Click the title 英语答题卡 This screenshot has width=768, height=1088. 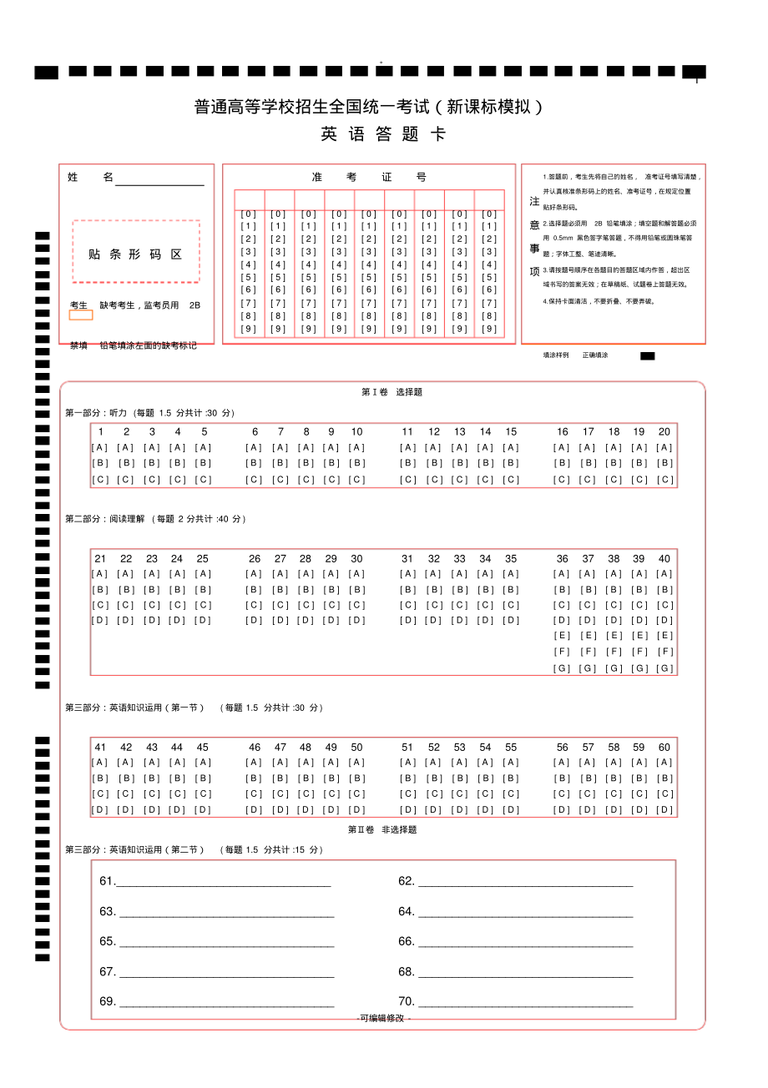383,134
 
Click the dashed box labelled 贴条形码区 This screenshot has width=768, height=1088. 136,252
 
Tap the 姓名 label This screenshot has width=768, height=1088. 90,178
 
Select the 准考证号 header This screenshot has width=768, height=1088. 368,178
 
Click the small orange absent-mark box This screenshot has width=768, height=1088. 81,315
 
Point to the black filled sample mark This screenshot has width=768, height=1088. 647,355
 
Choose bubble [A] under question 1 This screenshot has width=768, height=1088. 100,447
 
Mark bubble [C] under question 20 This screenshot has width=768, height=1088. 664,480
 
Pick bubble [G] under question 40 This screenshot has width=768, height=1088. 664,668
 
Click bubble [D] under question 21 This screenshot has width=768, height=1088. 100,620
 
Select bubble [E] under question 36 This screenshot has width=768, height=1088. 562,636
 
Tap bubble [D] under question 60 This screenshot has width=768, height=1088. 664,809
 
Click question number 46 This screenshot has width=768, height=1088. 255,748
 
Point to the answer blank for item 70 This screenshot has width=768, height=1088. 525,1002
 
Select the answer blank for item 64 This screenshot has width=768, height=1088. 525,912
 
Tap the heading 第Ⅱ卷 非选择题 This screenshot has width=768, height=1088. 382,829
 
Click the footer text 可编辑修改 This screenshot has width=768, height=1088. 384,1018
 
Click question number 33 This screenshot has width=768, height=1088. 459,559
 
